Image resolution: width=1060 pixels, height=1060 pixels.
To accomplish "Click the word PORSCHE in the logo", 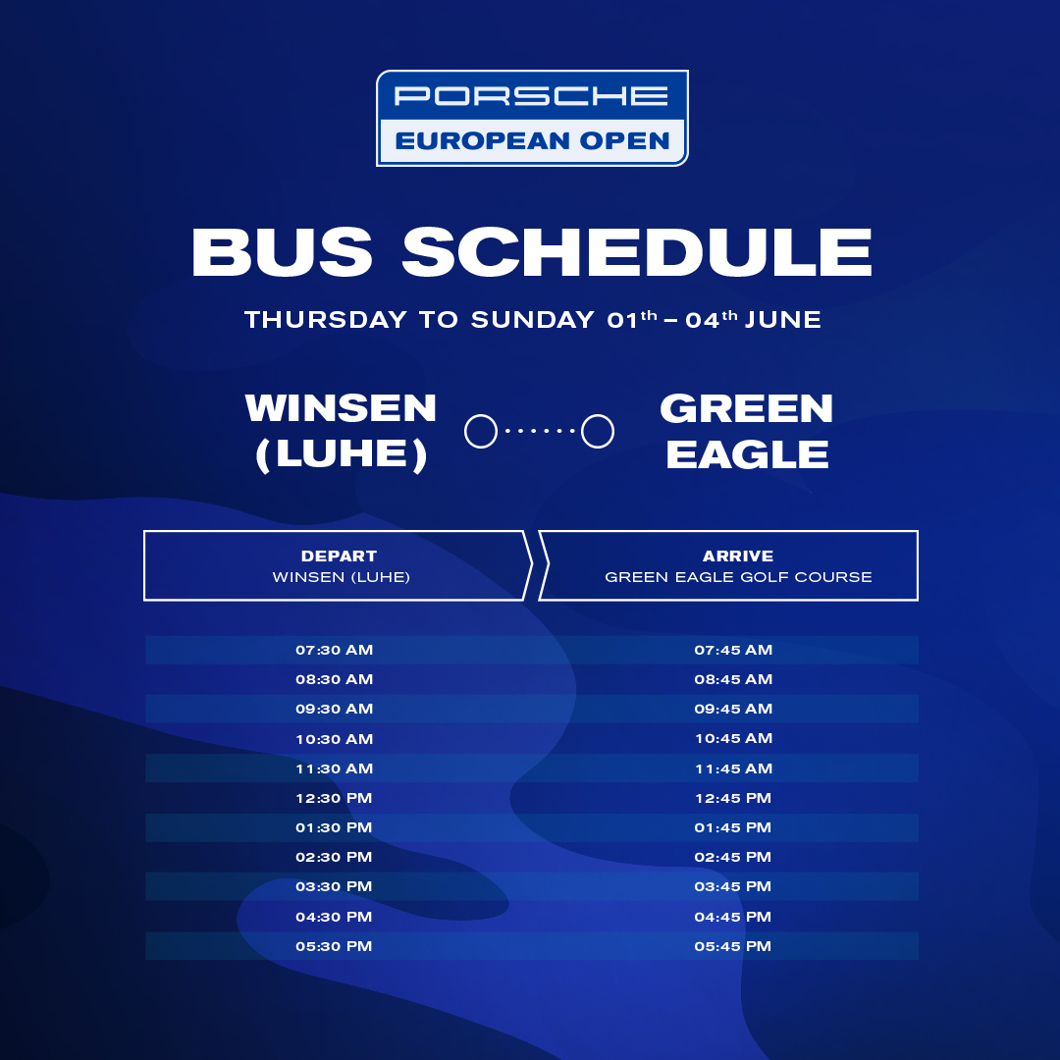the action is [531, 95].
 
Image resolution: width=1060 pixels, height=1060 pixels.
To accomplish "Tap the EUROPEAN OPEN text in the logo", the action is [532, 140].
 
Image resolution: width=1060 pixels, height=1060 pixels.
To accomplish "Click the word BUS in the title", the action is [282, 251].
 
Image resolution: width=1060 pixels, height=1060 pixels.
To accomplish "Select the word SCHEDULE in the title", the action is [637, 251].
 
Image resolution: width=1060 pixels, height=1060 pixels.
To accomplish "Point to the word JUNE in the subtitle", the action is [783, 320].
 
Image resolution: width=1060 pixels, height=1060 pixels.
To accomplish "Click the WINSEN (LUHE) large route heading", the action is [341, 431].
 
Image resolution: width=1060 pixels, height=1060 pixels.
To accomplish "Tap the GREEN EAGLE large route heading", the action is [746, 431].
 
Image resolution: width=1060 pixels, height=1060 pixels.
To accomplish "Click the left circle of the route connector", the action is [481, 431].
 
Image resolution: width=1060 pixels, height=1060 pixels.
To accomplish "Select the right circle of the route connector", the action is [598, 431].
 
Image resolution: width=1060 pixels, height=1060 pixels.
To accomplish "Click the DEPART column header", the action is [339, 556].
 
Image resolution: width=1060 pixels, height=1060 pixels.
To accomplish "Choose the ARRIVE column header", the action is [737, 556].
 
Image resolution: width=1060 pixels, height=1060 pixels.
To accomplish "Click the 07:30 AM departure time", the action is [334, 651].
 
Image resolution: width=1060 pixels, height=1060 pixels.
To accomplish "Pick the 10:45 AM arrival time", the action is [733, 739].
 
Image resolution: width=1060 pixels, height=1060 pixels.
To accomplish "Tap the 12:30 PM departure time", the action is [334, 798].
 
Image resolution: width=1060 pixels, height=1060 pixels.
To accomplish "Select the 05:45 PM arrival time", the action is [733, 946].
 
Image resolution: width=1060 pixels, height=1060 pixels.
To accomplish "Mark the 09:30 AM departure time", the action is [334, 710].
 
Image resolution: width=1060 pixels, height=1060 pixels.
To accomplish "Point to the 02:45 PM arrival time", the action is [733, 857].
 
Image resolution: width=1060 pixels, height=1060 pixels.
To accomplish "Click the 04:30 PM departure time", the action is [334, 918].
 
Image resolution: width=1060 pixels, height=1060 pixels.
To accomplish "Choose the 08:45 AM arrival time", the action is [733, 679].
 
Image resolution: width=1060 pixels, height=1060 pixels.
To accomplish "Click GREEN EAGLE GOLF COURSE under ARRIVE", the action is [738, 577].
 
